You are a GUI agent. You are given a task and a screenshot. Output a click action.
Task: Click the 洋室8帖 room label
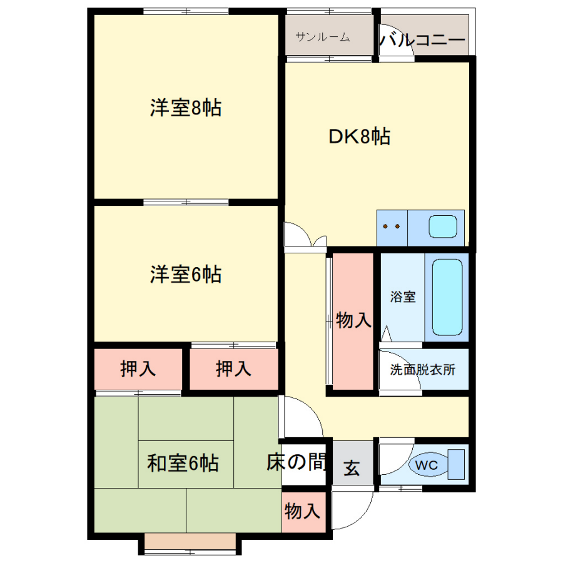(186, 108)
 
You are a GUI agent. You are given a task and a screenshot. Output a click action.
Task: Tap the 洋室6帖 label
(186, 275)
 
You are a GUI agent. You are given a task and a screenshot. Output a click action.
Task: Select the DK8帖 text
(360, 136)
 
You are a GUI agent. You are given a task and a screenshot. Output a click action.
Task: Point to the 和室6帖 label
(183, 463)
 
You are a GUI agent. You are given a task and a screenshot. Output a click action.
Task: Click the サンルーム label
(322, 37)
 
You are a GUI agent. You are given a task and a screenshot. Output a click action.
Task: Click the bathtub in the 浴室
(447, 297)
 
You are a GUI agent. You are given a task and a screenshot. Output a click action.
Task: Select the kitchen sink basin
(443, 226)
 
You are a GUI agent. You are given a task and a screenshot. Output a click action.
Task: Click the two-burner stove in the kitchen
(392, 228)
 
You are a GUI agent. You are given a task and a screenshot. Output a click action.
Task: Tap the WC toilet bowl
(428, 465)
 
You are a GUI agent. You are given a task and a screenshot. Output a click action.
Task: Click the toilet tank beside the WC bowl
(456, 464)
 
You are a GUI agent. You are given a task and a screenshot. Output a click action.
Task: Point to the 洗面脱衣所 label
(423, 370)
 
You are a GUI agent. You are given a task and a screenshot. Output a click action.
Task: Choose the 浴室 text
(403, 297)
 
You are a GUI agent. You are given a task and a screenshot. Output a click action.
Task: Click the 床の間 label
(297, 462)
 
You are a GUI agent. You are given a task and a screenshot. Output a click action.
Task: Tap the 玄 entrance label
(352, 468)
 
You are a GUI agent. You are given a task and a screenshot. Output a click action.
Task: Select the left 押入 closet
(138, 368)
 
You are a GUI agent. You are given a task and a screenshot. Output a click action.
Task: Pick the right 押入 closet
(234, 368)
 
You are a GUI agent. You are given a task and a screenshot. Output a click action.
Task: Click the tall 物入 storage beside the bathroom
(353, 321)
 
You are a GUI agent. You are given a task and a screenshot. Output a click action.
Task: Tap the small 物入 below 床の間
(303, 512)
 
